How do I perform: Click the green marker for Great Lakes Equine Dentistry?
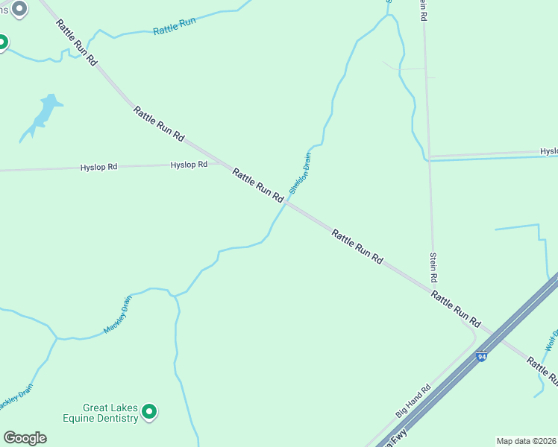pos(149,410)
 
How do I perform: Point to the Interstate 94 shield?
pos(482,357)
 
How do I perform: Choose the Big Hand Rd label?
pos(414,401)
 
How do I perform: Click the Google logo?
pos(25,438)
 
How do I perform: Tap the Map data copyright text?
pos(526,441)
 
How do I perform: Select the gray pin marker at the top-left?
pos(20,9)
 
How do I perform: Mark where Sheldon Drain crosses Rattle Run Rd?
pos(287,202)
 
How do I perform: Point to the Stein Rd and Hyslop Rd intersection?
pos(428,157)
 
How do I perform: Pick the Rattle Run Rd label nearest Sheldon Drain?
pos(257,185)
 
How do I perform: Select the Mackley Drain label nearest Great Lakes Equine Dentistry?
pos(117,314)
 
